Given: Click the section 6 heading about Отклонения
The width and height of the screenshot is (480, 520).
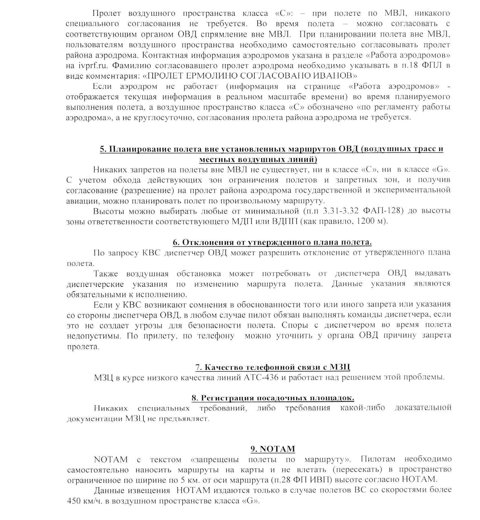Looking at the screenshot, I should click(x=272, y=242).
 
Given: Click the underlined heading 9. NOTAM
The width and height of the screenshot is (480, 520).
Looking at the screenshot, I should click(x=273, y=449).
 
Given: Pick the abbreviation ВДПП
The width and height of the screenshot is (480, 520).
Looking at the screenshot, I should click(x=283, y=221).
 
